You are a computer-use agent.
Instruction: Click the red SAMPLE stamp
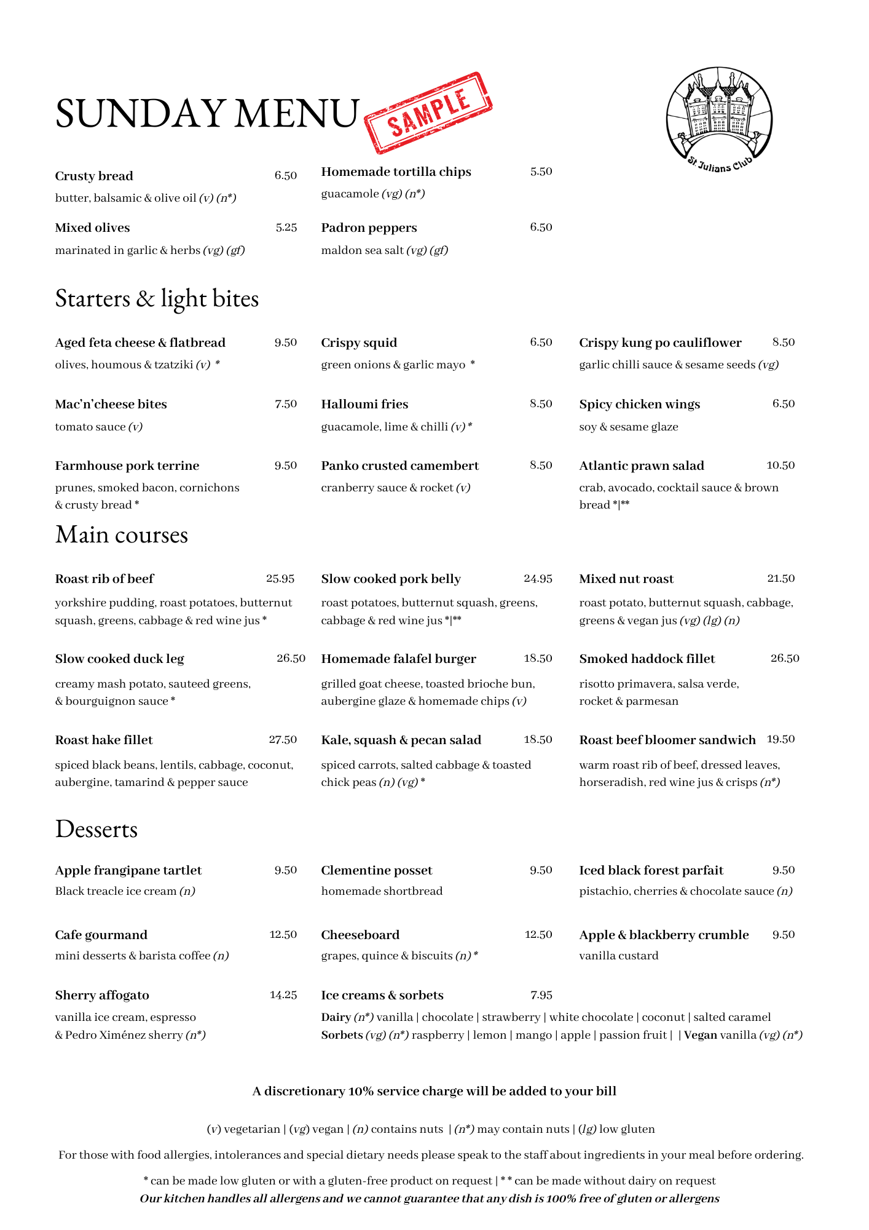[x=428, y=113]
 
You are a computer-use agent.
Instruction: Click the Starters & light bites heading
[x=157, y=299]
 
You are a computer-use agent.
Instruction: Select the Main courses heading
[x=122, y=535]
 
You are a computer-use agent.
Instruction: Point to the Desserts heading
[x=96, y=830]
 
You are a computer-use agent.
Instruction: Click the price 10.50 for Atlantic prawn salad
[x=781, y=466]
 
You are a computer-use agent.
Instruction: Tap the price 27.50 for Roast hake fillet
[x=283, y=740]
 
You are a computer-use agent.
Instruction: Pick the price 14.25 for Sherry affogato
[x=283, y=995]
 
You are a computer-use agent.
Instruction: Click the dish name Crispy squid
[x=359, y=343]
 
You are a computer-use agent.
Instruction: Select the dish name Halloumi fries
[x=364, y=404]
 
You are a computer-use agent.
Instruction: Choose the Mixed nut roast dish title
[x=626, y=579]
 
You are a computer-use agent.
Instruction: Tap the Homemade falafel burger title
[x=398, y=659]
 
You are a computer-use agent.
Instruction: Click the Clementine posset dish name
[x=377, y=870]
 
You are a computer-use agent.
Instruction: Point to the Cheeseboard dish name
[x=360, y=935]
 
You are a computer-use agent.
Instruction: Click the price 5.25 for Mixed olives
[x=286, y=228]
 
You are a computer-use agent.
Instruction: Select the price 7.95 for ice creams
[x=541, y=995]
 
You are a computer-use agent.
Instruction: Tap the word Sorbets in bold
[x=342, y=1035]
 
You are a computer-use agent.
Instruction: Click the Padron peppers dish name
[x=369, y=228]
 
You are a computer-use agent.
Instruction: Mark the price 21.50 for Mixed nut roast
[x=781, y=579]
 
